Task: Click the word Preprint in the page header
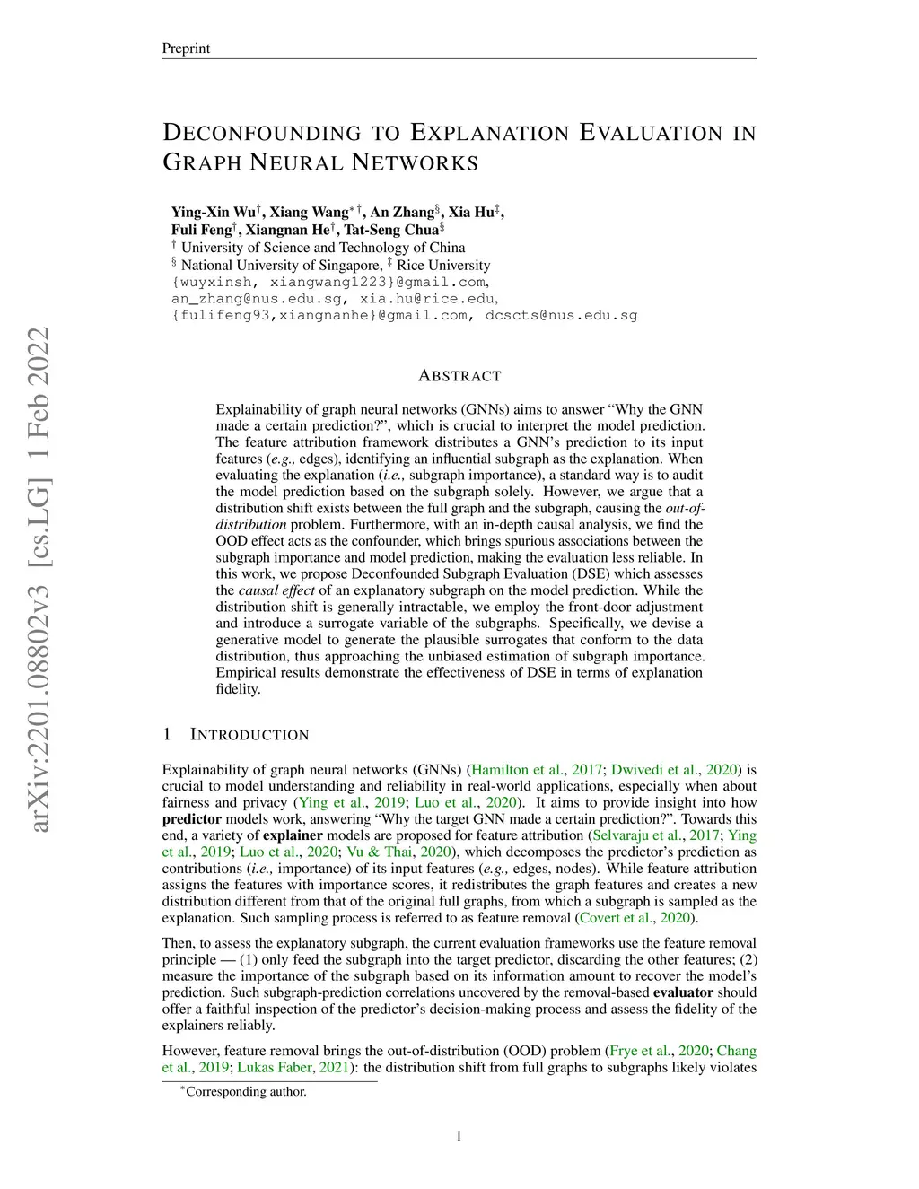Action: [x=186, y=48]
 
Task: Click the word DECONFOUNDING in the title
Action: [x=261, y=134]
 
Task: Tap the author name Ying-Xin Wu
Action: [x=214, y=213]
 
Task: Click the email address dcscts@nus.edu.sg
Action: [x=561, y=315]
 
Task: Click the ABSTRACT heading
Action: [x=459, y=376]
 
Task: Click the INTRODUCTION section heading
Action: [x=249, y=735]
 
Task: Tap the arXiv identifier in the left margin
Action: [x=38, y=579]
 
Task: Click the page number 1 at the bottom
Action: [x=459, y=1137]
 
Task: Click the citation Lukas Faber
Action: [x=276, y=1068]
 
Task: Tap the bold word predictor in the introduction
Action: [x=191, y=819]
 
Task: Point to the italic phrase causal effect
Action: [x=276, y=590]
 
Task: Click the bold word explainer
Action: [x=293, y=835]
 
